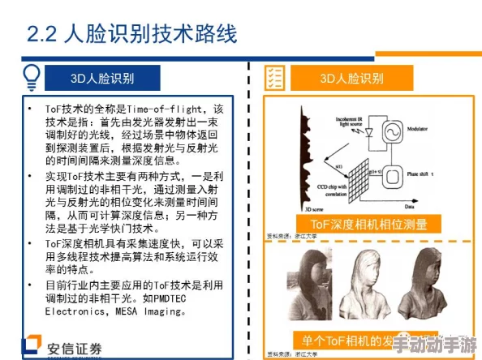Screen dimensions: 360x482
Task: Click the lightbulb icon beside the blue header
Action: pyautogui.click(x=31, y=77)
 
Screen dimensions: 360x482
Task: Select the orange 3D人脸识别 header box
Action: pyautogui.click(x=351, y=78)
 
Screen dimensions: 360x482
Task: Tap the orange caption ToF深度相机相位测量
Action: pyautogui.click(x=358, y=224)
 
